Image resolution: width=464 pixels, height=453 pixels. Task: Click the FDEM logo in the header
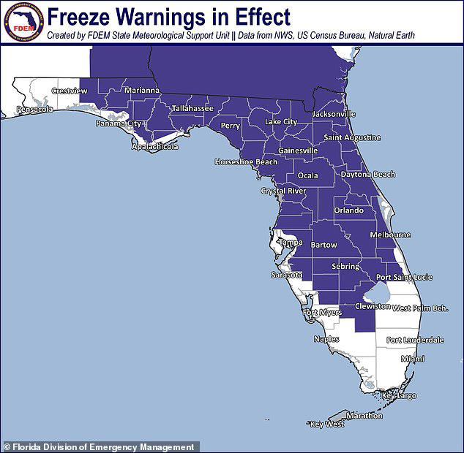22,22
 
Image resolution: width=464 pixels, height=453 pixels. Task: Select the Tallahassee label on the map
192,108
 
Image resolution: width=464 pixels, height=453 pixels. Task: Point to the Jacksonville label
333,114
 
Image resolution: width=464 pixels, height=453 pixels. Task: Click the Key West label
326,425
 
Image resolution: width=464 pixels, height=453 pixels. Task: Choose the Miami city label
412,359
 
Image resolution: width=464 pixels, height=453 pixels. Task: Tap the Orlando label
348,210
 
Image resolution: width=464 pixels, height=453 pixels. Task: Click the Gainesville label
298,151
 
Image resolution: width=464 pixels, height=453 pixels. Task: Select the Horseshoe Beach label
246,162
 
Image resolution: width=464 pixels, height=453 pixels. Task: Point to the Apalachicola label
154,147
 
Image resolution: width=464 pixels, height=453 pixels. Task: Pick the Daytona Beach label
368,175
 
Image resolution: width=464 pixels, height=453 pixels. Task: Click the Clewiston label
372,307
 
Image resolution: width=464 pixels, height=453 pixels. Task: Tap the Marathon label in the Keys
364,416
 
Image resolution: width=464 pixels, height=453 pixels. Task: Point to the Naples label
326,339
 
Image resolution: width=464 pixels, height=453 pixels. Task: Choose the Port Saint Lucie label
404,278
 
